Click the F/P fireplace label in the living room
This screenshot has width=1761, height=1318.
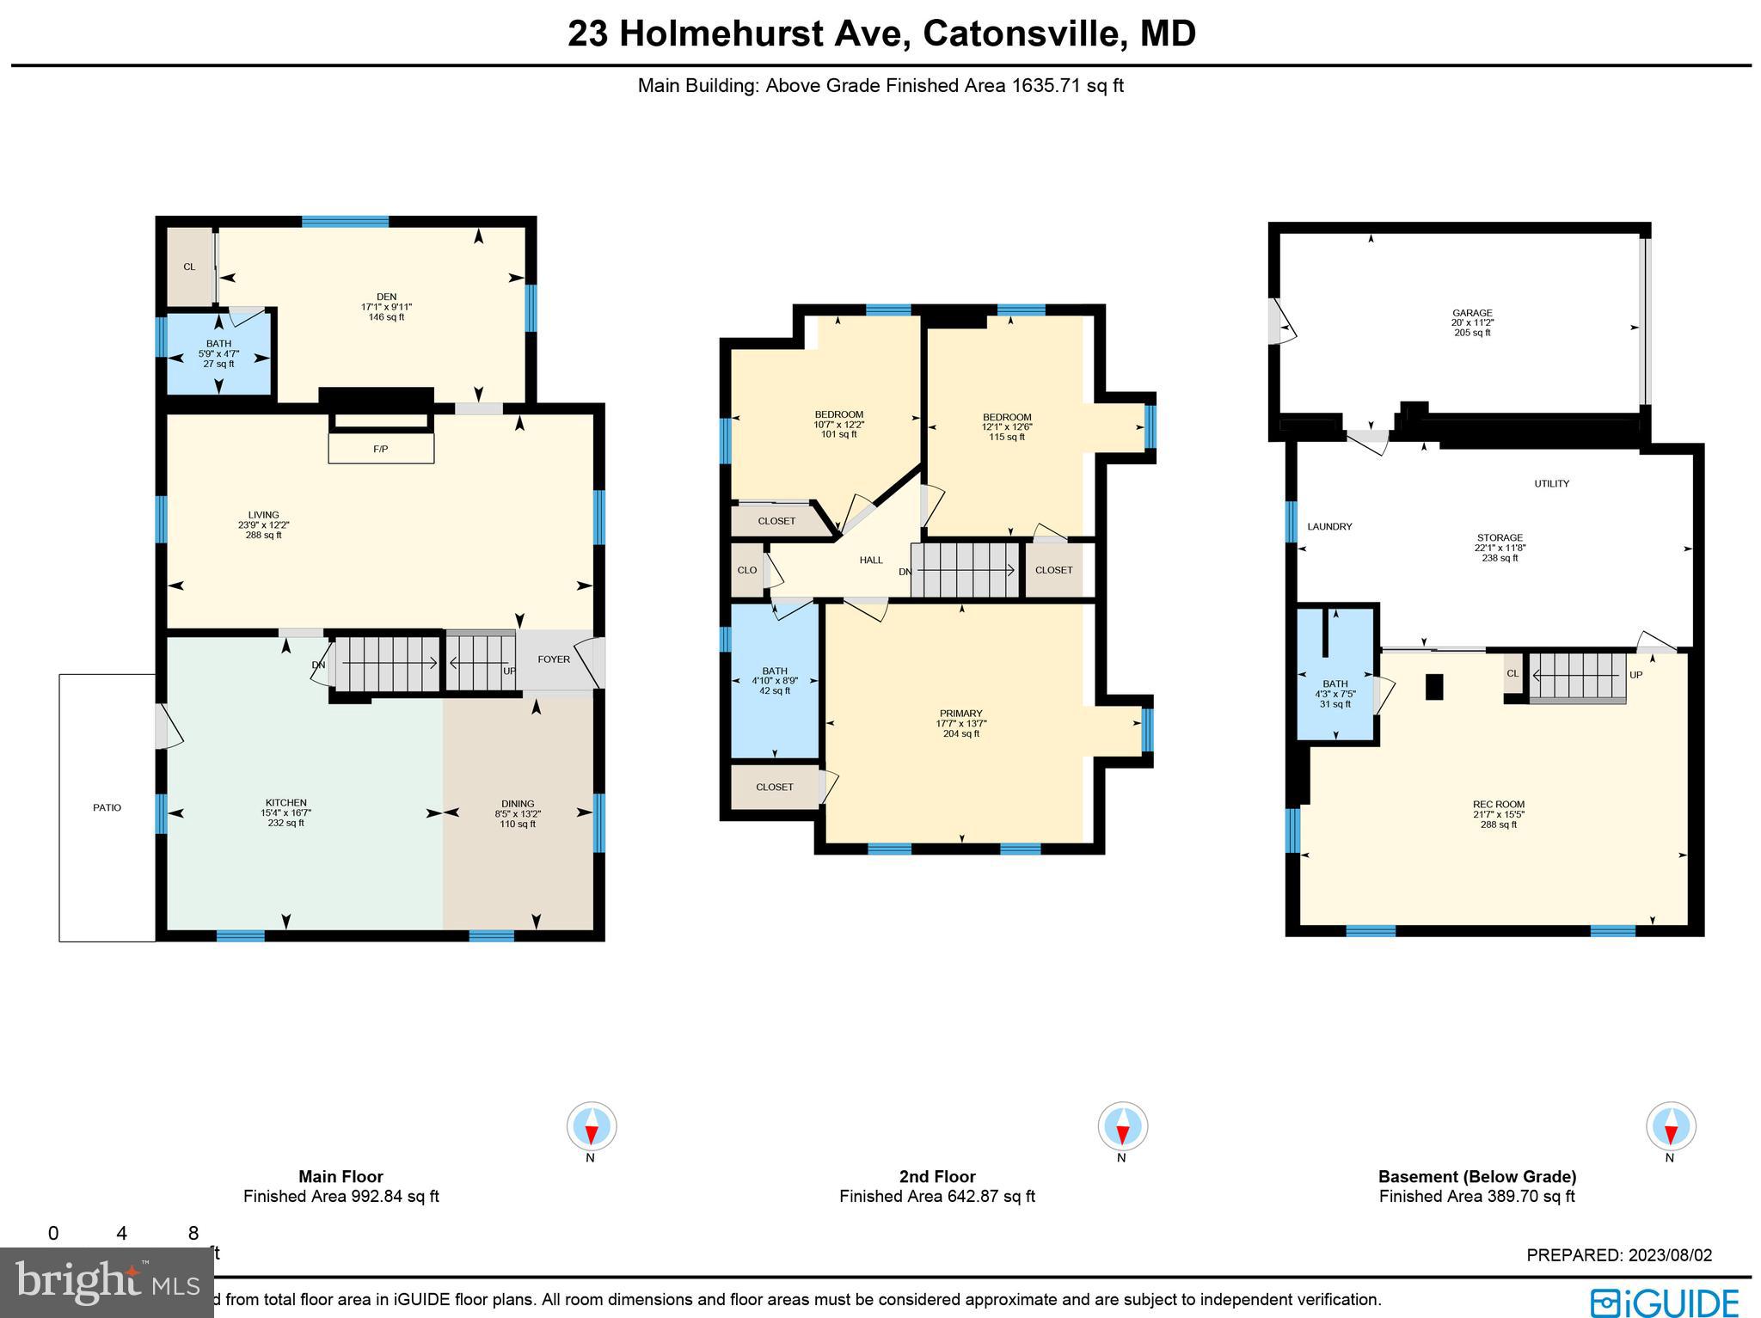(380, 449)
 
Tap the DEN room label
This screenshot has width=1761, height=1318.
(386, 297)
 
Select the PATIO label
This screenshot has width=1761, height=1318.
(107, 807)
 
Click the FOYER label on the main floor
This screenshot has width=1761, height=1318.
(554, 659)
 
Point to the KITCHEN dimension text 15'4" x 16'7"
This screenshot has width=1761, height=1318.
(286, 812)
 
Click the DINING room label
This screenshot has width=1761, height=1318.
(518, 804)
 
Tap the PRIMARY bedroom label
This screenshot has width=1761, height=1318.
(960, 714)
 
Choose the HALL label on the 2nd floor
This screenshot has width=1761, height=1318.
(871, 560)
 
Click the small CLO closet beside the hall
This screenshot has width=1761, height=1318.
(746, 570)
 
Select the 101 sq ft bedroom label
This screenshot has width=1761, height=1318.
(838, 414)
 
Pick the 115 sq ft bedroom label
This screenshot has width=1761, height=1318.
(1007, 417)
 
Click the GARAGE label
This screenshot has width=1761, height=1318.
(1472, 313)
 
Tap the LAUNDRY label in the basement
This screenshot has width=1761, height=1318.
(1329, 526)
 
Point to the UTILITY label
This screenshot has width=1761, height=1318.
(1551, 483)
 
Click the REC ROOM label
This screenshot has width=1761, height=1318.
(1498, 805)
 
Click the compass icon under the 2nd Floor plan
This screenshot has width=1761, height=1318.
(1122, 1125)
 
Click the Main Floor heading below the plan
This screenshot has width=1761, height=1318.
(341, 1176)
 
